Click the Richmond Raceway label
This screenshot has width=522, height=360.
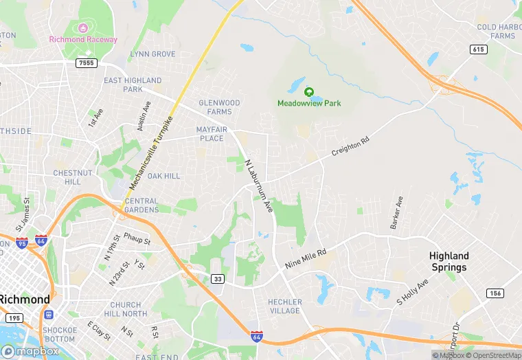point(83,39)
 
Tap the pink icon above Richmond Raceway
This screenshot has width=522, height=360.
point(83,28)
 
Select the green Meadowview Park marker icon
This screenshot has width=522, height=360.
point(309,91)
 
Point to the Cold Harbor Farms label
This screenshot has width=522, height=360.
point(496,32)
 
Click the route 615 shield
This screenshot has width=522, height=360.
point(479,49)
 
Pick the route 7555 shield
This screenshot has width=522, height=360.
point(87,63)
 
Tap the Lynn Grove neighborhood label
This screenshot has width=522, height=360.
point(152,54)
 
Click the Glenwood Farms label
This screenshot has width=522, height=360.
point(219,107)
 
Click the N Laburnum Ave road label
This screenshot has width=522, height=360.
point(259,185)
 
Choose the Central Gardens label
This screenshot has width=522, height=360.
point(142,205)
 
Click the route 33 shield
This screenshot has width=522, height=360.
point(217,278)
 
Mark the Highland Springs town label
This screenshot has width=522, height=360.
point(449,262)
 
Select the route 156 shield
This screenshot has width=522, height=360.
point(495,293)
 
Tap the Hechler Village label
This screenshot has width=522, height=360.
point(284,306)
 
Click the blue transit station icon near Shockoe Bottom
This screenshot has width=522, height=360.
point(49,315)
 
